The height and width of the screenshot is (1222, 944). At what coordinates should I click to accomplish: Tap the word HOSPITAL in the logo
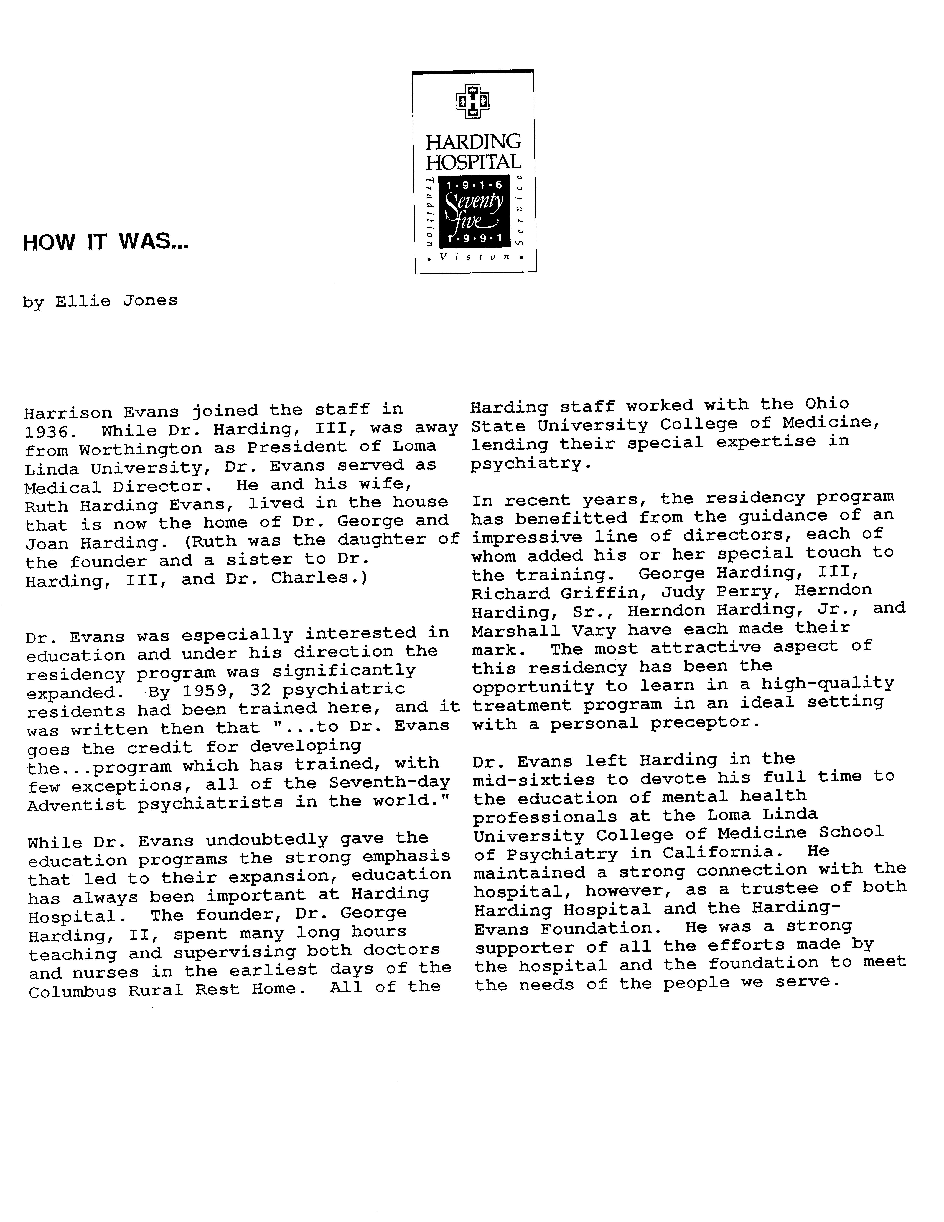474,162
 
